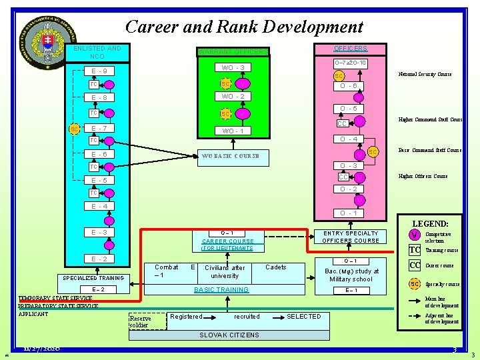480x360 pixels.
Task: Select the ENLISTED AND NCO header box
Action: (x=97, y=52)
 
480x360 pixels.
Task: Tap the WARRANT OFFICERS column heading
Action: (x=232, y=52)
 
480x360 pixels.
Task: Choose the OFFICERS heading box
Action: (x=350, y=49)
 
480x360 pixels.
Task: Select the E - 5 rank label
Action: (x=99, y=180)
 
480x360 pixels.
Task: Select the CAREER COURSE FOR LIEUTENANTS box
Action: (x=227, y=244)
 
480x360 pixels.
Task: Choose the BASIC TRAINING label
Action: (x=221, y=290)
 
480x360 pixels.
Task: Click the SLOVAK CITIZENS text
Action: (x=229, y=335)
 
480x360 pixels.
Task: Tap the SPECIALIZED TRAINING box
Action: (x=93, y=278)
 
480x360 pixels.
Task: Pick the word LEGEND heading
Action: (x=430, y=224)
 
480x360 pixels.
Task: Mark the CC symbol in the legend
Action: (x=415, y=265)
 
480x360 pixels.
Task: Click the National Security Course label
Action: (x=425, y=74)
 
